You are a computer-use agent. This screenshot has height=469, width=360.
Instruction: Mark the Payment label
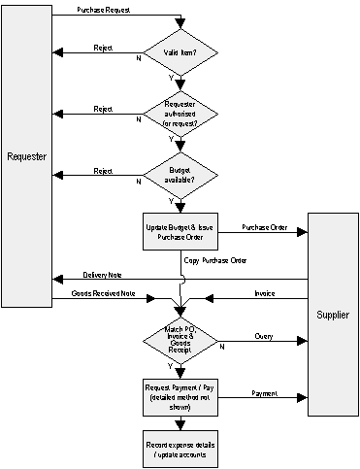pos(266,392)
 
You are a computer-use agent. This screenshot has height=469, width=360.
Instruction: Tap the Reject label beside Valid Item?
pos(103,47)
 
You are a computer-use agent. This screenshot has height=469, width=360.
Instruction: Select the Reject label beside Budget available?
pos(103,170)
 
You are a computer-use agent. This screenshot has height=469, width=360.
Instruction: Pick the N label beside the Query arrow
pos(222,347)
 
